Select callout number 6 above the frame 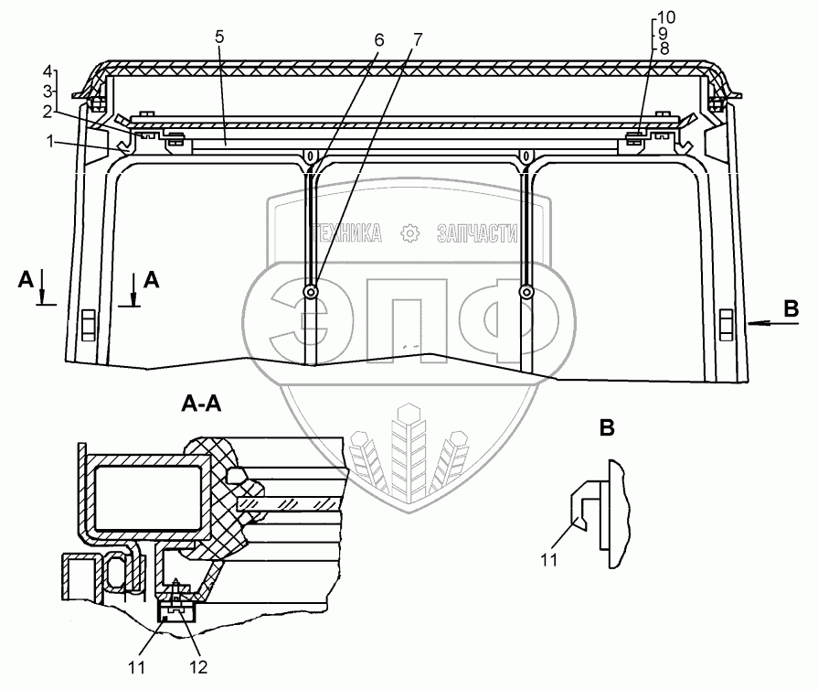[x=379, y=41]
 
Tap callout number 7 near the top [x=418, y=41]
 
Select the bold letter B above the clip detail [x=606, y=426]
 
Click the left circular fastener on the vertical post [x=312, y=293]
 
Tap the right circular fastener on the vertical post [x=526, y=293]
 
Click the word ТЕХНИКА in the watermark [x=346, y=234]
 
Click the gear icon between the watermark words [x=409, y=234]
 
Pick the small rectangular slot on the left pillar [x=88, y=323]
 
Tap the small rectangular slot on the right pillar [x=728, y=323]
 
